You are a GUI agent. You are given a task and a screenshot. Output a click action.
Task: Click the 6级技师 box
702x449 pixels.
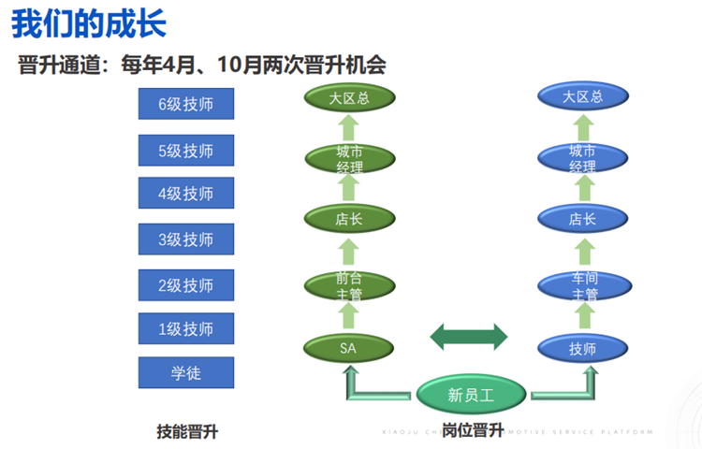185,104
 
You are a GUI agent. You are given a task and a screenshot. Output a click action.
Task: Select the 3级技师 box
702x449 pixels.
185,239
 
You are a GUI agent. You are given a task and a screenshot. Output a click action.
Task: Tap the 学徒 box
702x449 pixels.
185,372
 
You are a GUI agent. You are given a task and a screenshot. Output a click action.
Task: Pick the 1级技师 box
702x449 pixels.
185,329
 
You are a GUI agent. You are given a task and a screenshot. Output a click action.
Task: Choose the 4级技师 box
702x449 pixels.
185,194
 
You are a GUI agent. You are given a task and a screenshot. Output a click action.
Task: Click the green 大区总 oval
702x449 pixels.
349,97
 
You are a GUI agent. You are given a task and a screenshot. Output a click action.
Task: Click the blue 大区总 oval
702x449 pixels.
582,97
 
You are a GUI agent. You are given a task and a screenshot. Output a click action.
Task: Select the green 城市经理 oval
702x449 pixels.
349,158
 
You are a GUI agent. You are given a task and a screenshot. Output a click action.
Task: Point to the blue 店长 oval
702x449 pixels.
582,220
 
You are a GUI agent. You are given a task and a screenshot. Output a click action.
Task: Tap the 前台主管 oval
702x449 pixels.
349,284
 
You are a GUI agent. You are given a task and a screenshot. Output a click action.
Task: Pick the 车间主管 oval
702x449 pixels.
582,284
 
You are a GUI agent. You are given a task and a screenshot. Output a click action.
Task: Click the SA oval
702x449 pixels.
349,348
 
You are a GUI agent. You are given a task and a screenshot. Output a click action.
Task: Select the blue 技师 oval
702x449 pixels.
582,348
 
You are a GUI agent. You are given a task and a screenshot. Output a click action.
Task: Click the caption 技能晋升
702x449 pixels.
193,431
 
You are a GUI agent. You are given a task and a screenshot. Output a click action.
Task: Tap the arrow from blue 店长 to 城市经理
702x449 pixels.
582,189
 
